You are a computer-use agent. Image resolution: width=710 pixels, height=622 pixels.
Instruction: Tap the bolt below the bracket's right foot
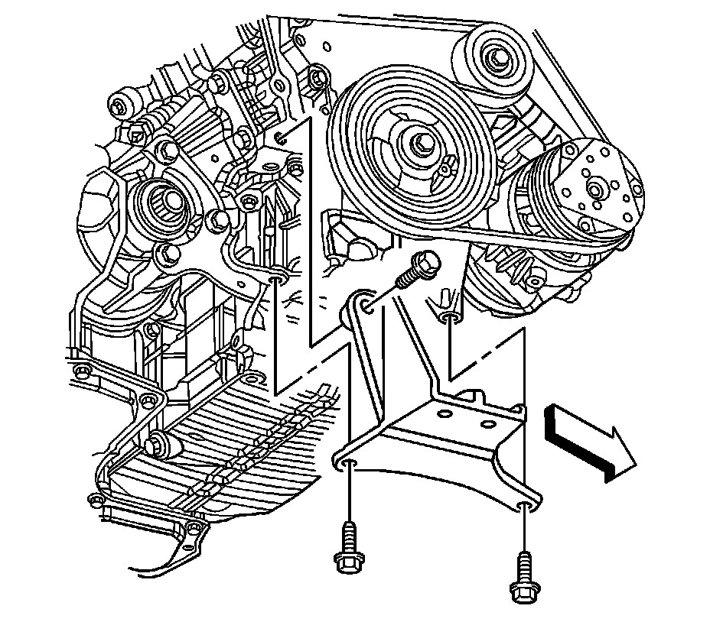pyautogui.click(x=523, y=575)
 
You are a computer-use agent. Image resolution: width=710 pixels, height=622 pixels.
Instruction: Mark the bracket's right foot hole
pyautogui.click(x=525, y=507)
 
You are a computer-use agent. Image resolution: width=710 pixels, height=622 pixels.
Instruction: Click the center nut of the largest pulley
pyautogui.click(x=423, y=143)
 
